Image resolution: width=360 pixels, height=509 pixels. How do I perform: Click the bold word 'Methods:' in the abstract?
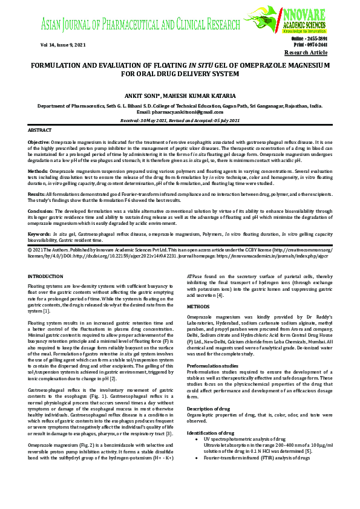click(38, 171)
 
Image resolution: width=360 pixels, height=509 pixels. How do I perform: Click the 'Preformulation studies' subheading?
click(216, 366)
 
